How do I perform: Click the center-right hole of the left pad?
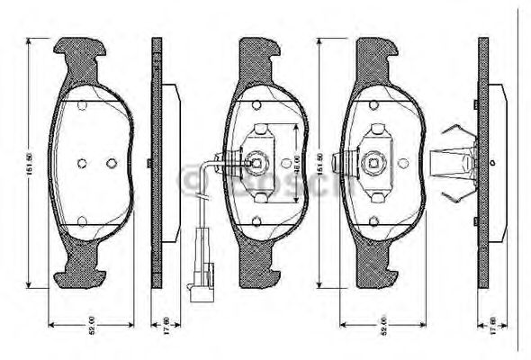pos(111,163)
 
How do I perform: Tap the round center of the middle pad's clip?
pos(256,163)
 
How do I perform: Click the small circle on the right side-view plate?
pos(493,162)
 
